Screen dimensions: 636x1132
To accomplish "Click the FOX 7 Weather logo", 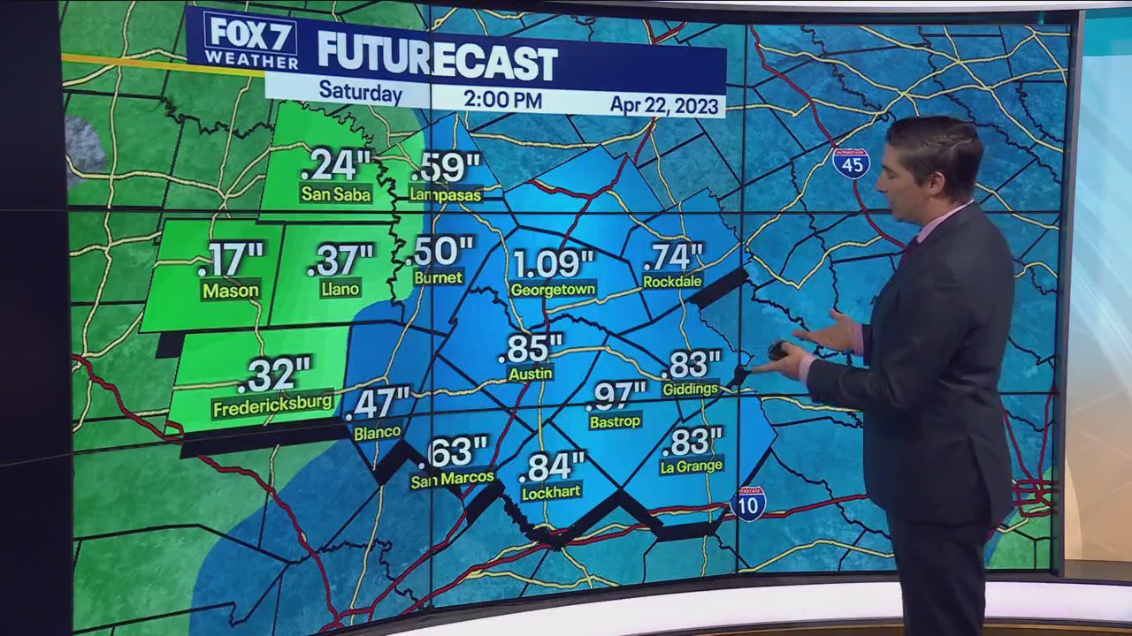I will (250, 41).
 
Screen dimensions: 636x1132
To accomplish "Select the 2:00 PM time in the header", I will (502, 99).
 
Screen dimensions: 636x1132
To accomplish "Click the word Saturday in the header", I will (360, 91).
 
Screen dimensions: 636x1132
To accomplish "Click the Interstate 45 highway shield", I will (851, 163).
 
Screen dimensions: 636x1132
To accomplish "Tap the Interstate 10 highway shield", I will (748, 503).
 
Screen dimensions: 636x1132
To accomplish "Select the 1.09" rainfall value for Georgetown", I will (553, 264).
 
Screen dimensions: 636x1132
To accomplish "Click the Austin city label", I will (531, 374).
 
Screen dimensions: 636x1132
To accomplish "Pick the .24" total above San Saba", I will (335, 165).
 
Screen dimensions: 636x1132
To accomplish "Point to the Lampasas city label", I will (445, 193).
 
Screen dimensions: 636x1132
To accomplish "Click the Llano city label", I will (340, 289).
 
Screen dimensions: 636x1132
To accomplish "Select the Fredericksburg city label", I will (272, 405).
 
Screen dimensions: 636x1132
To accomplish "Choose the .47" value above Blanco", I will (378, 404).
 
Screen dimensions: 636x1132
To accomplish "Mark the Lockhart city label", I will (551, 493).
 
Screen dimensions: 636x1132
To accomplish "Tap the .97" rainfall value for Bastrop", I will (616, 395).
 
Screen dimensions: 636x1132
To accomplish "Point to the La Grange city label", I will (692, 466).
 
